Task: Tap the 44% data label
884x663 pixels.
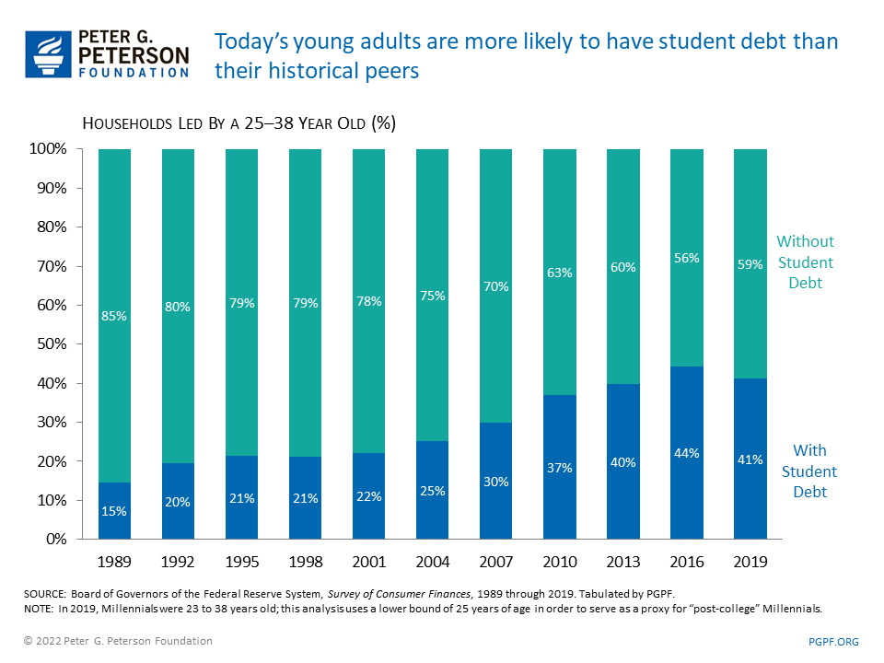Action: pos(687,454)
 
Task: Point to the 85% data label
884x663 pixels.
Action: pos(114,316)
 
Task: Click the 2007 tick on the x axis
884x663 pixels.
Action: pos(495,560)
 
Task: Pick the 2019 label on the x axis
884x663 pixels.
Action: pos(750,560)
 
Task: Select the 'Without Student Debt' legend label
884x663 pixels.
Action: pos(805,262)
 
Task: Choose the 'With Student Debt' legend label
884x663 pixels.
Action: pos(809,471)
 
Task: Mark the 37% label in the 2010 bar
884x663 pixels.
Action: pos(559,468)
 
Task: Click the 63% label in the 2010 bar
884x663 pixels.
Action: pos(559,273)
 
